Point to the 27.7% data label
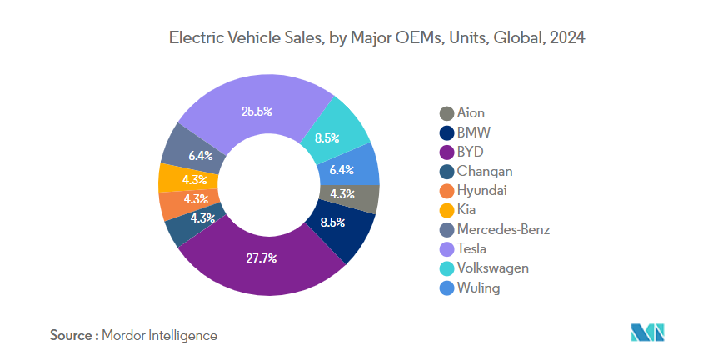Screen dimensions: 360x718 [x=262, y=258]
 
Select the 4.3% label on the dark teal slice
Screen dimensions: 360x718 [x=203, y=218]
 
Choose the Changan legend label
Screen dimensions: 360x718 [x=485, y=171]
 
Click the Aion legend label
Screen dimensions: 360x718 [x=471, y=112]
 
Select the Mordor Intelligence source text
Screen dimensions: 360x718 [x=159, y=335]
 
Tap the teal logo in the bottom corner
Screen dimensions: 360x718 [x=648, y=332]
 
